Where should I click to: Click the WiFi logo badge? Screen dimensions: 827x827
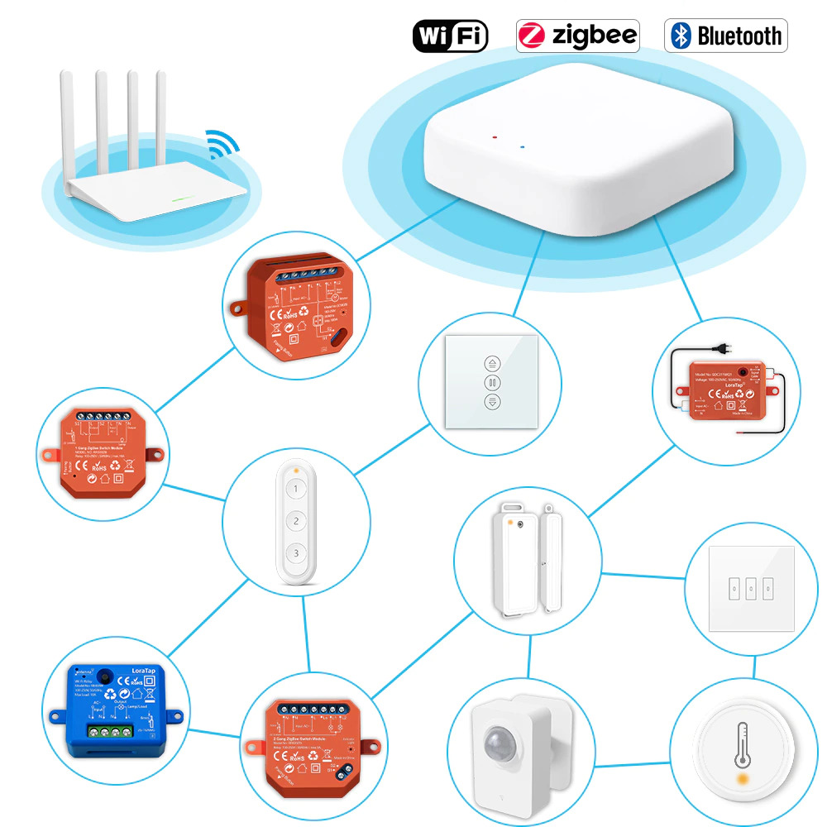(450, 36)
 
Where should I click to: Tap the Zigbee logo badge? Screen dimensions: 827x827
(577, 36)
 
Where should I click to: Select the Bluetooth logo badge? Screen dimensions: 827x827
(725, 36)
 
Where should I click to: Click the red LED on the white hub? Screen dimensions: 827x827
(494, 137)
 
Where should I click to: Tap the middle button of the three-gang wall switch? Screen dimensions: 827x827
(750, 587)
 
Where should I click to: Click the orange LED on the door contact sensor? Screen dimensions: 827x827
(518, 524)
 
